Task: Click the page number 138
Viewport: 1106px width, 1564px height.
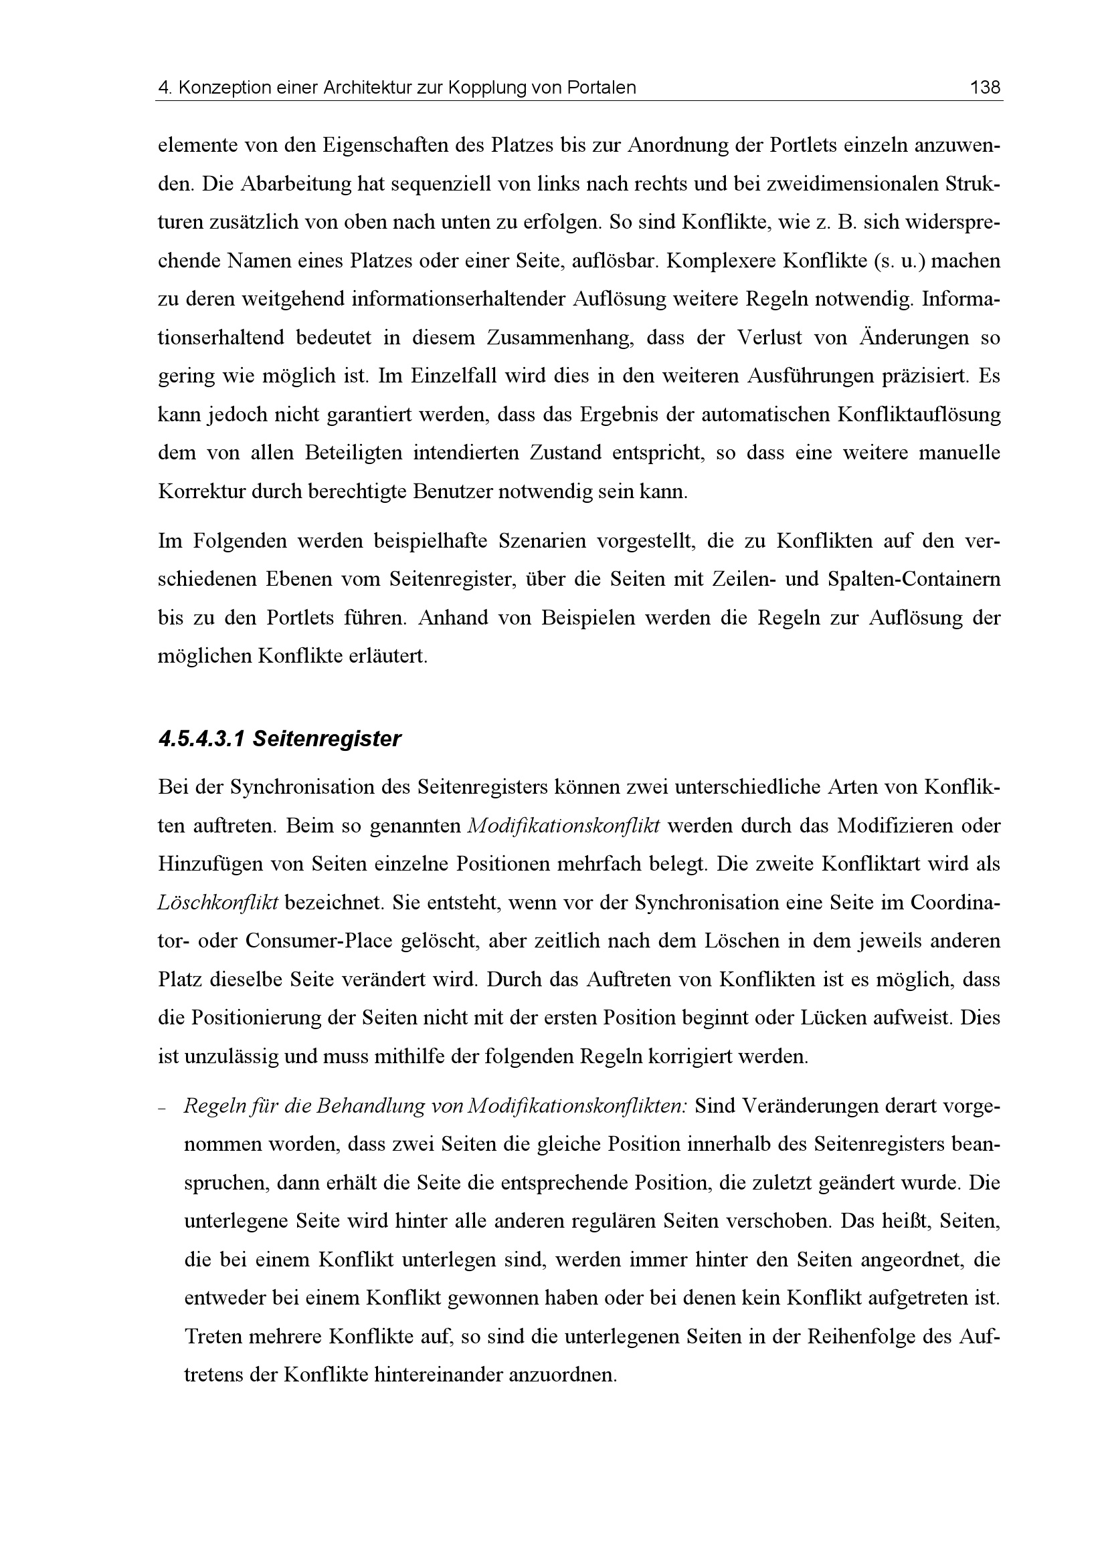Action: pyautogui.click(x=986, y=88)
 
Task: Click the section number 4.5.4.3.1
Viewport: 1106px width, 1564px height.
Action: pyautogui.click(x=201, y=739)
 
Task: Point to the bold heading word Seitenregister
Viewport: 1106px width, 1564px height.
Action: pyautogui.click(x=327, y=739)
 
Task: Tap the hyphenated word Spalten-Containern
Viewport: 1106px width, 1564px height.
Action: pyautogui.click(x=913, y=580)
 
